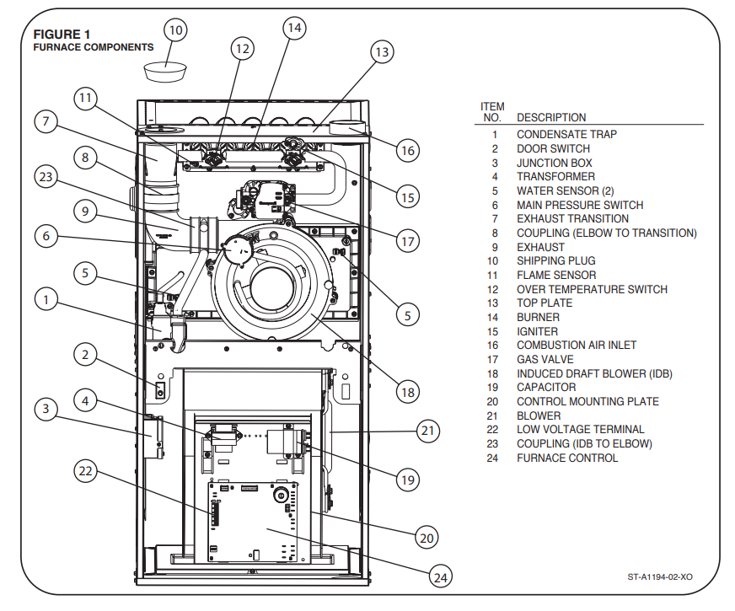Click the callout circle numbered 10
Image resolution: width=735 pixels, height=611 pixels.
click(175, 30)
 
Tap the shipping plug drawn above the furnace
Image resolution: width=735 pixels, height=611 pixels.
click(165, 72)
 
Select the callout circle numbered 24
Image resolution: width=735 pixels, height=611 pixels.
click(441, 576)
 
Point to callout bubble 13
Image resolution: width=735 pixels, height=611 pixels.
click(382, 52)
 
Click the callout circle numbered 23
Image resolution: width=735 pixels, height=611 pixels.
click(46, 177)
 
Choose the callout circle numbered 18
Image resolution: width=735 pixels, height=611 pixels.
click(407, 392)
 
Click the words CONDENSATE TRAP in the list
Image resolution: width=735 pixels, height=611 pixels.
click(566, 135)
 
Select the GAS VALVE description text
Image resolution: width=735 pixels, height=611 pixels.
click(545, 359)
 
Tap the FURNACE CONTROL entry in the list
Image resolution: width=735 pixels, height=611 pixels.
click(567, 458)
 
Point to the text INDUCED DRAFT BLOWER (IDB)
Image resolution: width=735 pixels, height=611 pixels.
click(594, 373)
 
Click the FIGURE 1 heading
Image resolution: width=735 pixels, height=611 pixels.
click(62, 35)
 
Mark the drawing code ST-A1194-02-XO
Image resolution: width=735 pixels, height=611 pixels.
click(660, 576)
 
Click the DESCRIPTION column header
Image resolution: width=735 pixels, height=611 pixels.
click(551, 118)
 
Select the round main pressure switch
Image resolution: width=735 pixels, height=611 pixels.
click(237, 249)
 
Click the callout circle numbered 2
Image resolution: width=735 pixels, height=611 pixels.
click(85, 354)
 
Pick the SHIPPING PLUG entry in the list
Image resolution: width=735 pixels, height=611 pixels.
click(556, 261)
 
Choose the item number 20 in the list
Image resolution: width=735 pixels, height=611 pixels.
click(492, 401)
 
